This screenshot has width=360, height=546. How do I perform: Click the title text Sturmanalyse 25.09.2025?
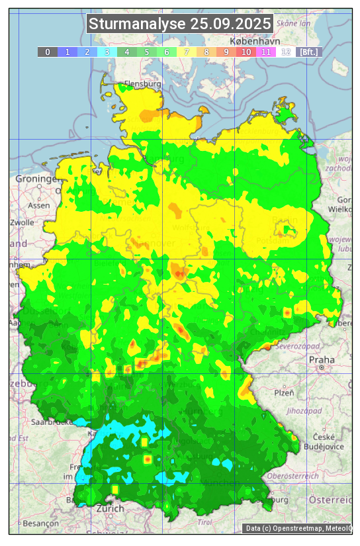coord(180,24)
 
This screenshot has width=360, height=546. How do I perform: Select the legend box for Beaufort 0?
coord(47,52)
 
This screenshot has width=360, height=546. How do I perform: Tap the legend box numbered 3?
coord(107,52)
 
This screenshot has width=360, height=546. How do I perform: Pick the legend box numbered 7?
coord(187,52)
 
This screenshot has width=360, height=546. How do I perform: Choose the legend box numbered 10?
coord(246,52)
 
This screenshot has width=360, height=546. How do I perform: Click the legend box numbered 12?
coord(286,52)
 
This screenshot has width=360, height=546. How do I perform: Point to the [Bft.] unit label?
coord(308,52)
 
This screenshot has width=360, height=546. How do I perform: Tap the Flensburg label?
coord(142,85)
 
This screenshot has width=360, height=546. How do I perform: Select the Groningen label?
coord(38,179)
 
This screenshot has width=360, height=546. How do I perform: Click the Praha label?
coord(322,359)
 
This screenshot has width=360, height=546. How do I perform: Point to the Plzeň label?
coord(284,392)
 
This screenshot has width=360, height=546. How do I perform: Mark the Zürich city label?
coord(110,509)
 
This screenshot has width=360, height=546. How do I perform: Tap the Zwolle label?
coord(21,222)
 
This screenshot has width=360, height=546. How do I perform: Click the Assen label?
coord(39,205)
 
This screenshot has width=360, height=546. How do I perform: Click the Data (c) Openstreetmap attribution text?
coord(297,528)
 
